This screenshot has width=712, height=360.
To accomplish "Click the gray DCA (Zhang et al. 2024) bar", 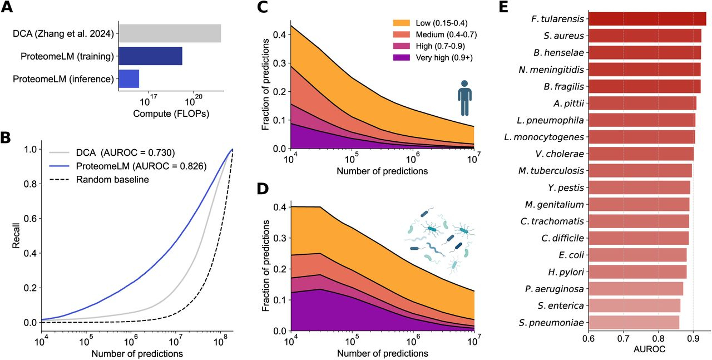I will pyautogui.click(x=170, y=33).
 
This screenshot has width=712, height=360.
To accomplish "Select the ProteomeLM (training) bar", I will pyautogui.click(x=150, y=56).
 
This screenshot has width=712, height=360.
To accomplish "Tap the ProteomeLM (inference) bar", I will pyautogui.click(x=128, y=79).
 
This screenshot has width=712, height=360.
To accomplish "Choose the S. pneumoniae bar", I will pyautogui.click(x=634, y=323).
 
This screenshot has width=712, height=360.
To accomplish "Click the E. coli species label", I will pyautogui.click(x=570, y=255).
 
